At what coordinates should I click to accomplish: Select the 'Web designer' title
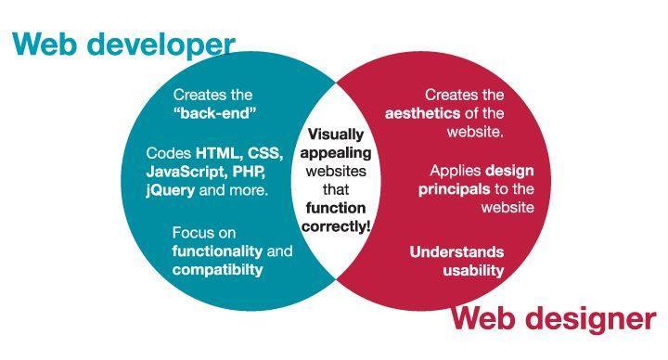[x=553, y=320]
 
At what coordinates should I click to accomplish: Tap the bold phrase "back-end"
[x=214, y=113]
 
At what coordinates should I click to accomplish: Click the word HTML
[x=218, y=153]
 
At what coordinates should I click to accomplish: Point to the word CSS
[x=264, y=153]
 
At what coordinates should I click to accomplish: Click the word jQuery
[x=172, y=191]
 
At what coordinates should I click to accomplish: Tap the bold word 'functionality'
[x=219, y=251]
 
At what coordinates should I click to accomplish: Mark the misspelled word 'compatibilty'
[x=217, y=270]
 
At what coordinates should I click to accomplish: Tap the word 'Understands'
[x=456, y=251]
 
